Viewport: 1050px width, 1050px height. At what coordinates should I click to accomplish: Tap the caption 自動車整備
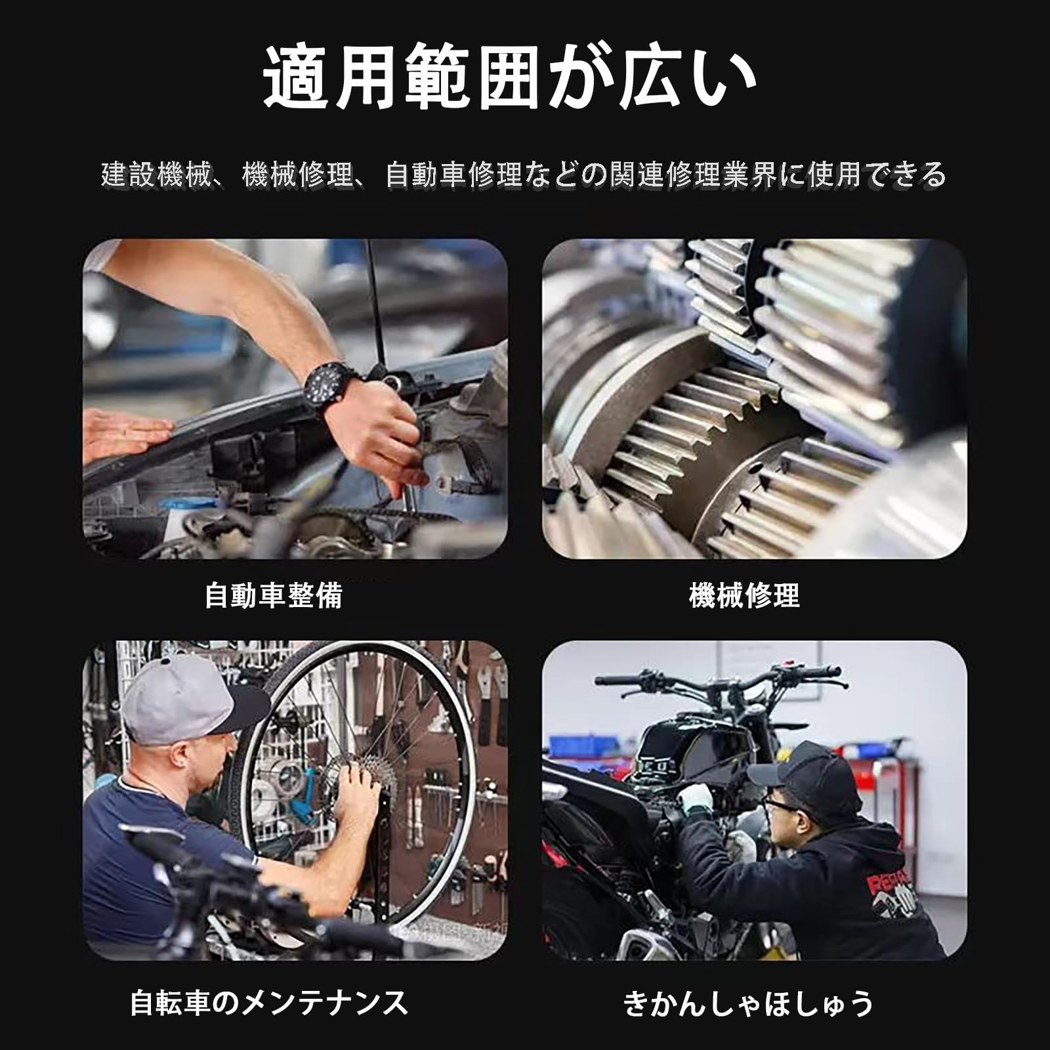click(274, 596)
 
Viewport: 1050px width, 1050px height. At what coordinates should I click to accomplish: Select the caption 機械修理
click(744, 596)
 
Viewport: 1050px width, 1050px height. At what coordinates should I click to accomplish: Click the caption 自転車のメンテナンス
click(269, 1003)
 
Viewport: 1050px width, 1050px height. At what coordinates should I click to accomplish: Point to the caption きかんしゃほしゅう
click(749, 1003)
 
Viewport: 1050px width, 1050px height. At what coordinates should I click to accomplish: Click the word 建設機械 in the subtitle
click(156, 175)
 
